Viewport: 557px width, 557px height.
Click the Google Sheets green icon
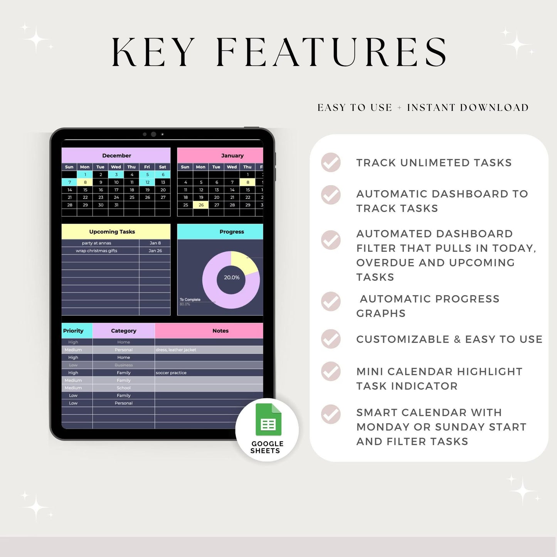coord(268,420)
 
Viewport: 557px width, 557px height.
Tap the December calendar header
coord(116,155)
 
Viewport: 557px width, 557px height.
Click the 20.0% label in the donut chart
coord(232,278)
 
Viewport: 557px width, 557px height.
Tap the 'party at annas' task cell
coord(97,243)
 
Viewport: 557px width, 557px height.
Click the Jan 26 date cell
coord(155,251)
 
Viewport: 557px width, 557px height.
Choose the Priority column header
coord(74,331)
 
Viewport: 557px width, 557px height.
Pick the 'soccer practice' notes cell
coord(171,373)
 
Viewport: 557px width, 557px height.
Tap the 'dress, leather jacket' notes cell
coord(176,350)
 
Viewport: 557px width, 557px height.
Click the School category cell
coord(123,388)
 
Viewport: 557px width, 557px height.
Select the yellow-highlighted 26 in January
coord(201,205)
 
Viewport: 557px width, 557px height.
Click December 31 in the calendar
coord(116,205)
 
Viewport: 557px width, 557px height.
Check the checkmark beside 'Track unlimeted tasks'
coord(331,162)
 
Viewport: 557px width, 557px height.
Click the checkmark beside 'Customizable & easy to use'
coord(331,339)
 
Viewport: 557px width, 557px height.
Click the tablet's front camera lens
coord(153,134)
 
